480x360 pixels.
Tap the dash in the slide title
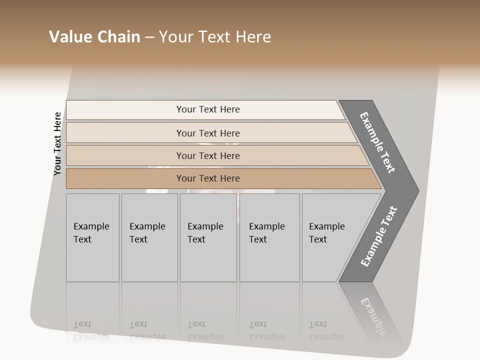click(149, 37)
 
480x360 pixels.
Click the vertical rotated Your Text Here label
click(57, 143)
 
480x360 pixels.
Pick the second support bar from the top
click(208, 133)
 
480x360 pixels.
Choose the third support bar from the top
click(208, 155)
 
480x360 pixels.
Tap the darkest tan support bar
click(208, 178)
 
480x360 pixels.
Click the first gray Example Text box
click(92, 237)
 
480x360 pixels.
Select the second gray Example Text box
click(149, 237)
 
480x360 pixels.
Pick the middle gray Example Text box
click(208, 237)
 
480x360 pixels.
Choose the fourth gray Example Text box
click(269, 237)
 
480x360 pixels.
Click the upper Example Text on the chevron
click(378, 142)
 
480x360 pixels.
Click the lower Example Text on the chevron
click(379, 236)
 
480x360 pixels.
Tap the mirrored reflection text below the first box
click(91, 330)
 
